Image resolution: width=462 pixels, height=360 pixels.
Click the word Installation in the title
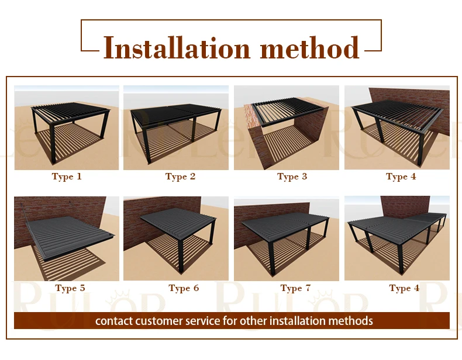[x=177, y=48]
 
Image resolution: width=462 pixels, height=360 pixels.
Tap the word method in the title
[x=309, y=48]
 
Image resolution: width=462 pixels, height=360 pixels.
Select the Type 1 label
[x=67, y=176]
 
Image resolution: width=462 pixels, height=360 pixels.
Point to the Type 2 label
[x=180, y=176]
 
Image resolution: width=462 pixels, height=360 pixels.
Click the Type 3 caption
[x=292, y=176]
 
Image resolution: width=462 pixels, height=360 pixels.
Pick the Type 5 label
[x=70, y=288]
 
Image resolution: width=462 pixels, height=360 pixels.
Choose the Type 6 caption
[x=184, y=288]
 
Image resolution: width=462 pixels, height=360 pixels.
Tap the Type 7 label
[x=295, y=288]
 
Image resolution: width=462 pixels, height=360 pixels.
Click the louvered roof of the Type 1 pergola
[x=71, y=111]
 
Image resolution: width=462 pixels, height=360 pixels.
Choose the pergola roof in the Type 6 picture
[x=179, y=222]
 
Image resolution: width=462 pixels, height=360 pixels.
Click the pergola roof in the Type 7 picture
[x=286, y=224]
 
